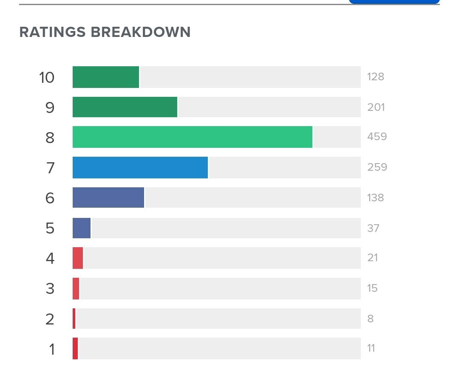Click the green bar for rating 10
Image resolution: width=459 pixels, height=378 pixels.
coord(106,77)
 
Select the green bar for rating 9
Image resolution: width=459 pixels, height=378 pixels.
coord(125,107)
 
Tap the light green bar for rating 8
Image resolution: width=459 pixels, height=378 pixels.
coord(193,137)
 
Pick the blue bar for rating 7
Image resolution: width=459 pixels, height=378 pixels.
coord(140,167)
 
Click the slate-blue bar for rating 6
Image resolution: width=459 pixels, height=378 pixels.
coord(108,197)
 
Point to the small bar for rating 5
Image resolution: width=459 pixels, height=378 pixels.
coord(82,228)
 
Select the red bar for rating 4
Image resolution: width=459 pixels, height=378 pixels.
coord(78,258)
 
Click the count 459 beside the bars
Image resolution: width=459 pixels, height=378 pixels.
coord(377,137)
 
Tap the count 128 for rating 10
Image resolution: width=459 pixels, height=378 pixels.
coord(376,77)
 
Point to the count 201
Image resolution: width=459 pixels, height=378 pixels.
coord(376,107)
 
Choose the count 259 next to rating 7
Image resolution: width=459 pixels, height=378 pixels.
coord(377,167)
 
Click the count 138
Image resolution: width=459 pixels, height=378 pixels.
coord(376,197)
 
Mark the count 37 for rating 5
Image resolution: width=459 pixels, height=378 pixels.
coord(373,228)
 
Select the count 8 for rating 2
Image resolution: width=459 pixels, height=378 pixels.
coord(370,319)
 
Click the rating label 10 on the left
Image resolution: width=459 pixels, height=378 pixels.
coord(47,78)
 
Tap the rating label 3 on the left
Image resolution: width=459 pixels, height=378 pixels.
coord(50,289)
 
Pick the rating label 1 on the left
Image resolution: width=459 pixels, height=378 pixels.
coord(52,350)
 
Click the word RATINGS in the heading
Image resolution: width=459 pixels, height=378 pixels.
coord(53,32)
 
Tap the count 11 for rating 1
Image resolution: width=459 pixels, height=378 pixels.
coord(371,348)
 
